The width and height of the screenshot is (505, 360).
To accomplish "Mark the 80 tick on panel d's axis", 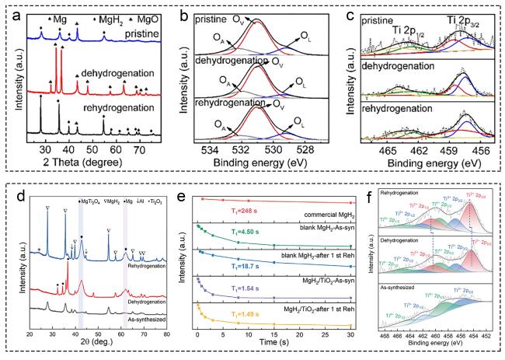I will [166, 334].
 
